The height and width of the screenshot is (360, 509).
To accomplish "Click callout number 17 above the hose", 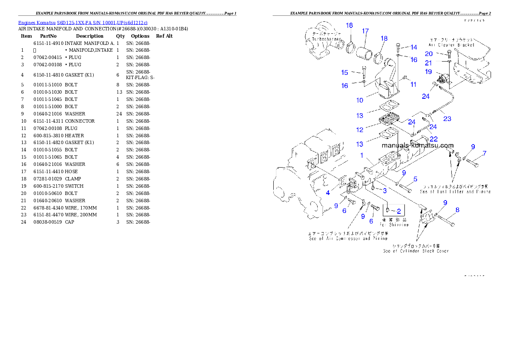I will (x=365, y=31).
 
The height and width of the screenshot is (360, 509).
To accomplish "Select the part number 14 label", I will (x=414, y=47).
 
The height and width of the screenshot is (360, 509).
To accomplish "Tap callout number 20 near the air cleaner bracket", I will (x=429, y=54).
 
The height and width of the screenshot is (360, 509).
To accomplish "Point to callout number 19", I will (x=428, y=72).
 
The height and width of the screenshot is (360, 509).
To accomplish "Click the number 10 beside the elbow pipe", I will (x=360, y=100).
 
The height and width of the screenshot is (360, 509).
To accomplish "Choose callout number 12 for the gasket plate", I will (x=360, y=130).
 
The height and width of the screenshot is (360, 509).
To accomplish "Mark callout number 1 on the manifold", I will (x=361, y=156).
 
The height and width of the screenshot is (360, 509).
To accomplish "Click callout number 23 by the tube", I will (x=447, y=119).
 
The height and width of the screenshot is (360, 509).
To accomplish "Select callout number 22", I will (x=434, y=139).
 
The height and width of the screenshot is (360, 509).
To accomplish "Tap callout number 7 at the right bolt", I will (x=484, y=153).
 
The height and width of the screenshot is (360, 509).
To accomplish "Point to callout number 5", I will (x=415, y=179).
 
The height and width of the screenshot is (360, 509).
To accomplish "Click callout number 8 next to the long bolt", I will (x=457, y=210).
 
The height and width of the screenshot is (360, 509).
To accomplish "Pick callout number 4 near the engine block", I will (x=328, y=193).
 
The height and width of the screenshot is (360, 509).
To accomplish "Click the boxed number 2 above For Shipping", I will (x=398, y=211).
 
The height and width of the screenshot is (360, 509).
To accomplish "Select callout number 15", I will (x=344, y=72).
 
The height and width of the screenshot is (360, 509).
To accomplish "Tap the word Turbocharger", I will (x=326, y=39).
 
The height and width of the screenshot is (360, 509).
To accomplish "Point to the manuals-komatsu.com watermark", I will (x=417, y=146).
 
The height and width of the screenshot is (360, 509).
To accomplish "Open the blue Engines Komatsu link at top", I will (x=83, y=23).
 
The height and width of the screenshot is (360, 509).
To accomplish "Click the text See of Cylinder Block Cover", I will (x=416, y=251).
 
